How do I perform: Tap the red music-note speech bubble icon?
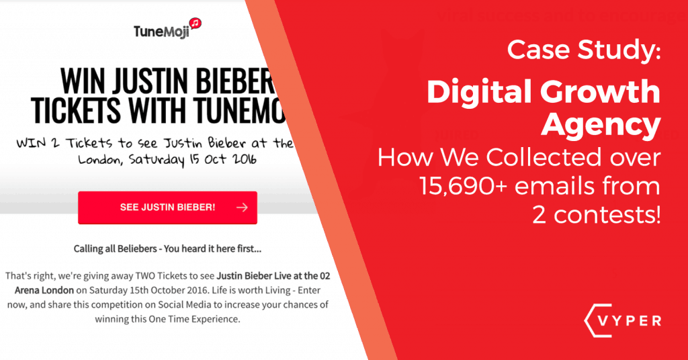[196, 24]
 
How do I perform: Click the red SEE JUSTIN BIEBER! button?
[167, 207]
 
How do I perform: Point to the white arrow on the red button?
[242, 208]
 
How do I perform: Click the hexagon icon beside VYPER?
[586, 320]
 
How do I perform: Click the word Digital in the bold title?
[474, 93]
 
